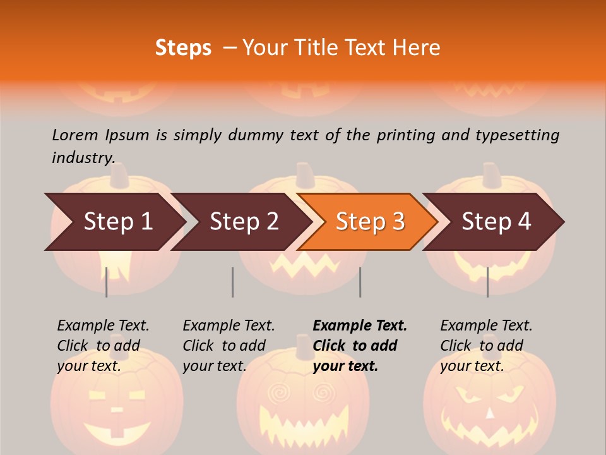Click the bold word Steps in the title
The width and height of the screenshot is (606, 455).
tap(183, 48)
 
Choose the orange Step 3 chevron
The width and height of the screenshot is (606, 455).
tap(370, 222)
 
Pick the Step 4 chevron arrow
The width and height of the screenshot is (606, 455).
tap(496, 222)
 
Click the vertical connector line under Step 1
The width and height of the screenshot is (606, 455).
tap(107, 282)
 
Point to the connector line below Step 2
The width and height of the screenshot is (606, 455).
tap(233, 282)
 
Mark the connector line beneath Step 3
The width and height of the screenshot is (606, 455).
tap(360, 282)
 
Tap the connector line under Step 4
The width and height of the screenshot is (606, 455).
tap(487, 282)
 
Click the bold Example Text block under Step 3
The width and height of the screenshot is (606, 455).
tap(359, 346)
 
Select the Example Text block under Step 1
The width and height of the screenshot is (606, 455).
tap(103, 346)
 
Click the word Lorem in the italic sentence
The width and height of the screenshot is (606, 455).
tap(75, 135)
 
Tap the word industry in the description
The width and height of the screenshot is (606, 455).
tap(83, 157)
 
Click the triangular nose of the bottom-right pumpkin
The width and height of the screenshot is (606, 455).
tap(490, 414)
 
